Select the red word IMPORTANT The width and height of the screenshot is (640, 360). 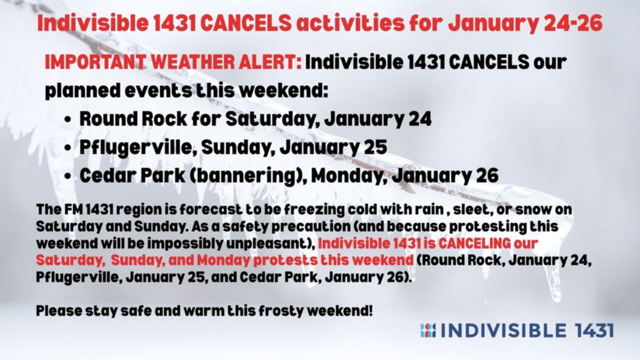coord(95,63)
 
